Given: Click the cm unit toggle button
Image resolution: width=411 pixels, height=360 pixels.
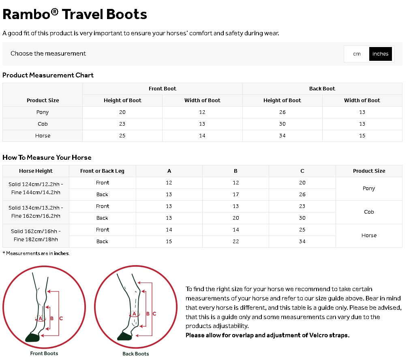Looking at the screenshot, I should coord(357,54).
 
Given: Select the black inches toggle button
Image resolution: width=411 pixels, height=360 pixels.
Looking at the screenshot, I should coord(380,54).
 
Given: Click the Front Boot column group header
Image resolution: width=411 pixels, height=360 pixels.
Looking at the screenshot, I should coord(162,89).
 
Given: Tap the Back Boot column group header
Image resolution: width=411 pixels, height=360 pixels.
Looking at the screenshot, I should coord(322,89).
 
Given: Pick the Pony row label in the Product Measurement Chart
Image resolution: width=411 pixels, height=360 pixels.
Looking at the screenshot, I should coord(43,112).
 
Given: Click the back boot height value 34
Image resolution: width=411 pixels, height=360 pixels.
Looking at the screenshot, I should coord(283,136).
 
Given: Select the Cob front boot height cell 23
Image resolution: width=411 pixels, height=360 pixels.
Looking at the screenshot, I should coord(122,124).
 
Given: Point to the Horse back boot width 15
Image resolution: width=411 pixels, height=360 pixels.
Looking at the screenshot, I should coord(362,136).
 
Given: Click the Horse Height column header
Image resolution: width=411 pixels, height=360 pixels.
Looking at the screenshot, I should coord(36,171).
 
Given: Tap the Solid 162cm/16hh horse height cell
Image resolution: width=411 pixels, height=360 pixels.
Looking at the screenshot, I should coord(36,236).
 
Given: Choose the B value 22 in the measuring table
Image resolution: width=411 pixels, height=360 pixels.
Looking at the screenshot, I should coord(235,242).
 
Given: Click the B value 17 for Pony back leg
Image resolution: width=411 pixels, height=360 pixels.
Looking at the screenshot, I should coord(235,195).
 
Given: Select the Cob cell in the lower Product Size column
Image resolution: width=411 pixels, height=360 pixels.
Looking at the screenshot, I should coord(369,212).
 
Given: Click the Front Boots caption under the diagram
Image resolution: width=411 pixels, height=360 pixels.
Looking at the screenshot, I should coord(44,354).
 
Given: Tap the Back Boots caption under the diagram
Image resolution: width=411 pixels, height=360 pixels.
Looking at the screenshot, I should coord(136,354).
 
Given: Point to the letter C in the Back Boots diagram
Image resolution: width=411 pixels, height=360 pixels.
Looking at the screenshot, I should coord(154,314).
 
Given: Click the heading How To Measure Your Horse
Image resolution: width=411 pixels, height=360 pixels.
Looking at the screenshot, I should coord(47,158).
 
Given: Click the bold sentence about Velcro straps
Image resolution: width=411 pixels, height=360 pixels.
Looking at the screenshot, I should coord(268,335).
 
